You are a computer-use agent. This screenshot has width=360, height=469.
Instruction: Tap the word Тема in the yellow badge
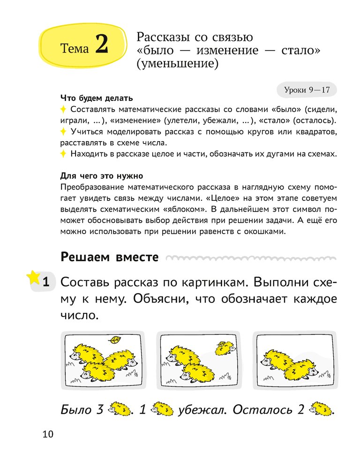tap(75, 48)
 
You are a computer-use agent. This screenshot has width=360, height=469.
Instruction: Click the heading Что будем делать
tap(97, 99)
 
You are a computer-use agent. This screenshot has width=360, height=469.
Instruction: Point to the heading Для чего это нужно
tap(102, 176)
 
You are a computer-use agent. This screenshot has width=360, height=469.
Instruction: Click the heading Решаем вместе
tap(110, 257)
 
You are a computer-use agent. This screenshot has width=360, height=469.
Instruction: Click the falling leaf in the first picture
tap(114, 339)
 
